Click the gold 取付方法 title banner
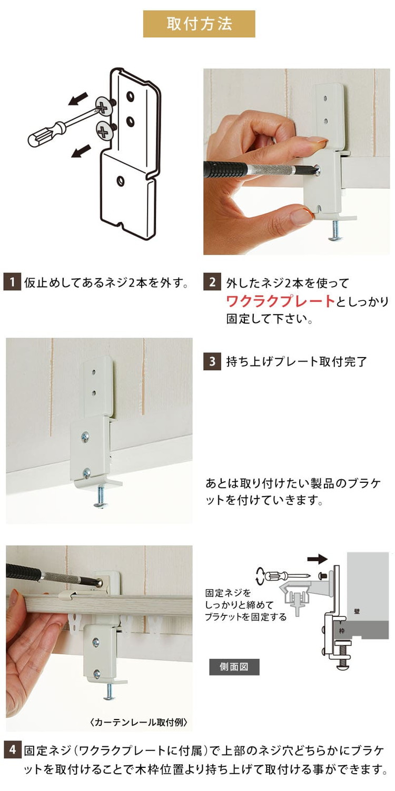199,24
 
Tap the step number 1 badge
12,282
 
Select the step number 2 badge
212,282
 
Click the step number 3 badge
212,362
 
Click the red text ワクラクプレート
280,301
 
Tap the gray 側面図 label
234,667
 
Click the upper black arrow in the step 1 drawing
78,98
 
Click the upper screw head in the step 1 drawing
105,108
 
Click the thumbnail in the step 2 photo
301,216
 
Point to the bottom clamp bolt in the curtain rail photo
109,692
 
